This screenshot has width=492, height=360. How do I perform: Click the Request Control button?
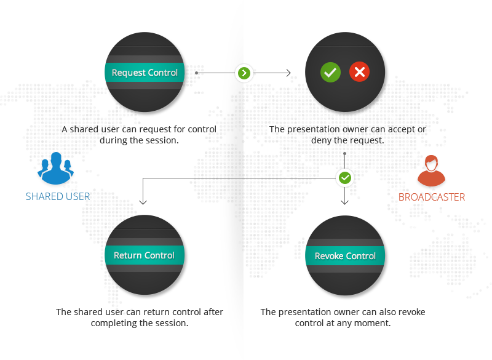click(x=145, y=73)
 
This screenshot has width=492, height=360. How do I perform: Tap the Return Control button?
click(x=145, y=255)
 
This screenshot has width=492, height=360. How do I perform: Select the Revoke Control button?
click(x=345, y=256)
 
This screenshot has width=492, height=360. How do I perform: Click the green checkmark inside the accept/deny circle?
click(x=330, y=73)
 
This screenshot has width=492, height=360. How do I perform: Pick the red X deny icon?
click(x=359, y=73)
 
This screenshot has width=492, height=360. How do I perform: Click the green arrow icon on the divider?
click(x=245, y=73)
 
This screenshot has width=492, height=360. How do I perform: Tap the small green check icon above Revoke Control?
click(x=345, y=178)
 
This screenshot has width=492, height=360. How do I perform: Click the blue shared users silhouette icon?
click(x=55, y=169)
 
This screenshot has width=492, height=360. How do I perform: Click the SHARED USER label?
click(x=58, y=197)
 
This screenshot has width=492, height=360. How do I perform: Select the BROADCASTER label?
click(x=432, y=198)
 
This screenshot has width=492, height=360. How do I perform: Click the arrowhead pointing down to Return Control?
click(x=143, y=201)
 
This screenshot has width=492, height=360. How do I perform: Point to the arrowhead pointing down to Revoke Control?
click(x=345, y=201)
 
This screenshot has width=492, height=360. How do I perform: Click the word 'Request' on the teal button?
click(x=128, y=73)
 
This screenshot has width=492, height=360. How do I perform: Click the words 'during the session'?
click(x=139, y=140)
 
